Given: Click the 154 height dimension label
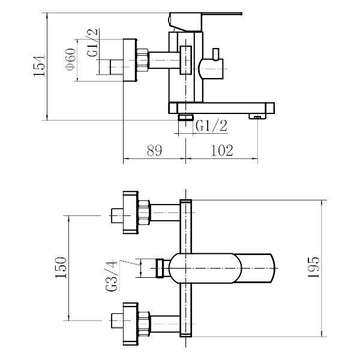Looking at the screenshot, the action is click(x=39, y=65).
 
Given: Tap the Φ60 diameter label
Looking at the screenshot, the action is click(x=70, y=59).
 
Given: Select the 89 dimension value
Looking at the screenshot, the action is click(x=155, y=151).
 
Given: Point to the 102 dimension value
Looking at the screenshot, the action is click(x=222, y=151).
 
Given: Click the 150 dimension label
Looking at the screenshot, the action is click(x=61, y=267).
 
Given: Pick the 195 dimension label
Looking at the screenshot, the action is click(x=314, y=267).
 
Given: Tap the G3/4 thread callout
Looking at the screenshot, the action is click(x=112, y=276).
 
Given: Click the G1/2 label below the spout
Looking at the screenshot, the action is click(x=211, y=125).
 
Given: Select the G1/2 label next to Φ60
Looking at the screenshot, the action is click(x=92, y=43).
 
